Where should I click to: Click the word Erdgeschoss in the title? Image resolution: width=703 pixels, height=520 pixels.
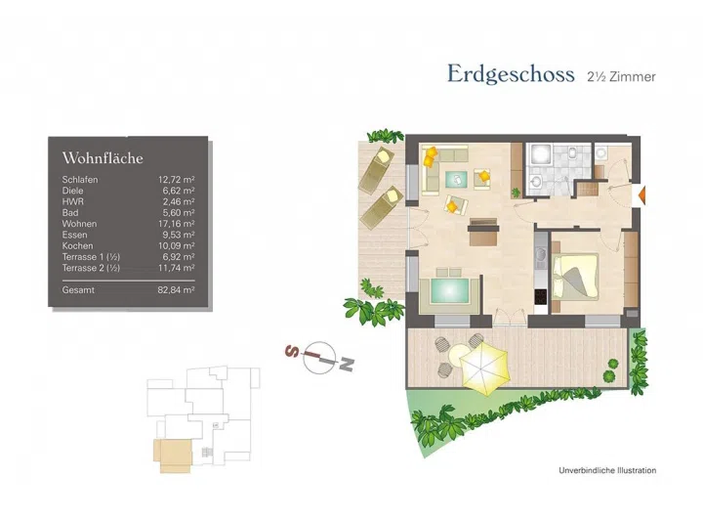click(511, 74)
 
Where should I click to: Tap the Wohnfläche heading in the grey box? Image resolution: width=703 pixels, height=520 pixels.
click(103, 158)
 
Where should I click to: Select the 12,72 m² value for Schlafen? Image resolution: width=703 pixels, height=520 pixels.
click(176, 180)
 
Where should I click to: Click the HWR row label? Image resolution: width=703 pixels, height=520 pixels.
click(73, 201)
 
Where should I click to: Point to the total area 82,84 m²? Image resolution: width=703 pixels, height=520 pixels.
click(176, 290)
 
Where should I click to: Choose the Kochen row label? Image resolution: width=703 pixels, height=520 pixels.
click(77, 246)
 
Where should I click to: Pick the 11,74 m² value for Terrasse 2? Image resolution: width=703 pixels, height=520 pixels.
click(176, 268)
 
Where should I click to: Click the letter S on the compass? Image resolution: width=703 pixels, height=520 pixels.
click(292, 350)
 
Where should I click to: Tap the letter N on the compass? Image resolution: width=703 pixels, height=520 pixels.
click(347, 365)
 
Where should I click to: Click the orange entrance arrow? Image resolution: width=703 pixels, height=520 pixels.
click(641, 195)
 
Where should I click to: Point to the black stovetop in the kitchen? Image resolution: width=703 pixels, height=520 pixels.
click(541, 296)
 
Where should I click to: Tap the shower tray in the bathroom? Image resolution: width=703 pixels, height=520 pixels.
click(541, 154)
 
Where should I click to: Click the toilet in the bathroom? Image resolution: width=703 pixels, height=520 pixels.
click(573, 152)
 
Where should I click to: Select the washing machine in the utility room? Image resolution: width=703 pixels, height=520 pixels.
click(601, 153)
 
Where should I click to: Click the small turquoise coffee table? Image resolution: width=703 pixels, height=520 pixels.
click(456, 180)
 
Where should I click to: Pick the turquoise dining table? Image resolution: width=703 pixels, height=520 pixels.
click(450, 291)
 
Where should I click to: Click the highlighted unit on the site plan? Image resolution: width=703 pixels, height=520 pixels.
click(173, 455)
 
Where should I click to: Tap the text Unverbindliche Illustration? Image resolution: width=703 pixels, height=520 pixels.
click(607, 470)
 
